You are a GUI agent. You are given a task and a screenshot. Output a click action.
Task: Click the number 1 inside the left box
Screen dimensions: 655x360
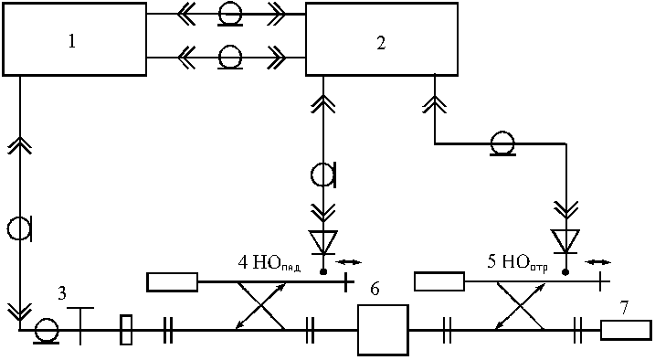72,41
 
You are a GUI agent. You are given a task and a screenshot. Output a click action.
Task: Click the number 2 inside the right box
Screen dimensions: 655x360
381,43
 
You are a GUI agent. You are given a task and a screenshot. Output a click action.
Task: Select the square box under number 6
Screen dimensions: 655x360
383,330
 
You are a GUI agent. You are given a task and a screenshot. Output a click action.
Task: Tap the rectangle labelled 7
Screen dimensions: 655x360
626,330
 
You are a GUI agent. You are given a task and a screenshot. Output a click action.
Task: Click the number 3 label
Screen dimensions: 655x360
62,293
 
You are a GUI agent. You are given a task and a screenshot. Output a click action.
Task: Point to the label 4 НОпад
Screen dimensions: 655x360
269,263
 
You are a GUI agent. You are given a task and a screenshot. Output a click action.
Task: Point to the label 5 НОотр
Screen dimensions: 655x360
517,262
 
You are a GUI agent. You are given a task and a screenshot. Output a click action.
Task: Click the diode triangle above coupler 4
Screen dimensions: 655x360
322,242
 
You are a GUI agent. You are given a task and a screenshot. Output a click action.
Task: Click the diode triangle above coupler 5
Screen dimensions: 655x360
565,241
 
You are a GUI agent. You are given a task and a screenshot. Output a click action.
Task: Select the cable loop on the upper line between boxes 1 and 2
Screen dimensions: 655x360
230,16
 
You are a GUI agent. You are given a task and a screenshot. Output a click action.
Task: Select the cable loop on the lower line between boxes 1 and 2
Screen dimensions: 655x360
230,58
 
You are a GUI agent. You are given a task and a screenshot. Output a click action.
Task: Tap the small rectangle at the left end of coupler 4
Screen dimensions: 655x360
172,282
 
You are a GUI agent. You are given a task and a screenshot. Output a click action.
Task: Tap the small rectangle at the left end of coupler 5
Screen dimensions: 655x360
439,281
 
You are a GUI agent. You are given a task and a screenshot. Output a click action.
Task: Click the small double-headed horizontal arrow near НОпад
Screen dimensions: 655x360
348,262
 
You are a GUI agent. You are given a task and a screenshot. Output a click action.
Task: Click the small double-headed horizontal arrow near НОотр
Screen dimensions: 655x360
597,262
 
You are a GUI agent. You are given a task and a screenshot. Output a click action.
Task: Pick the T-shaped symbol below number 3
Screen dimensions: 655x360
80,326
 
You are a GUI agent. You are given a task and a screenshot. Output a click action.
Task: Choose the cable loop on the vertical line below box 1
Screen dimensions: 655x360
19,229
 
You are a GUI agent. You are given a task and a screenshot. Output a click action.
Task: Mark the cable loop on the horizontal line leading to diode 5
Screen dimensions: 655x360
502,143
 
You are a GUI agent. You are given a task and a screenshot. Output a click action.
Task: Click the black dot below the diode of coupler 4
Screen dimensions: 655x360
322,272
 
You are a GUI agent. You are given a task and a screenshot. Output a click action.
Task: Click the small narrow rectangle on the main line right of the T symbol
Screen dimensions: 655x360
126,330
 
